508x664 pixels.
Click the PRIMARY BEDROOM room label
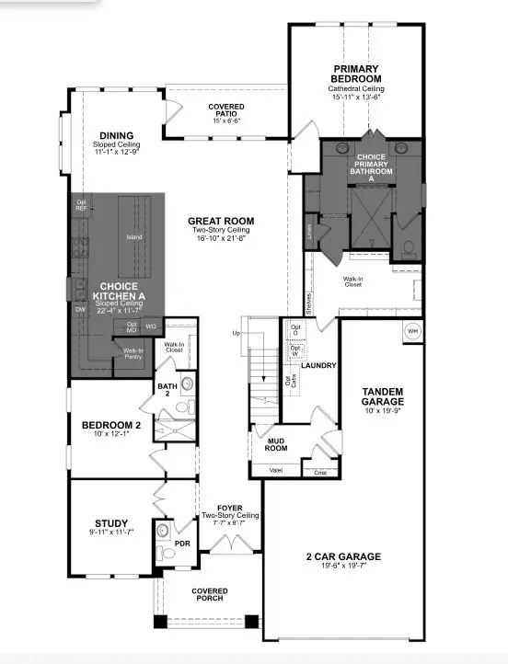356,74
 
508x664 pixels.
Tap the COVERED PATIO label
225,111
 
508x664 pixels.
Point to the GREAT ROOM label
219,221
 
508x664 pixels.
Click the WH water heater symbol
412,331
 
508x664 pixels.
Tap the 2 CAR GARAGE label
343,556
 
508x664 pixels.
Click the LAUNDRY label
317,365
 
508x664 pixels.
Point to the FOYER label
229,508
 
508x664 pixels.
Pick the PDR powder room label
181,543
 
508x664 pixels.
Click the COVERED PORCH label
210,595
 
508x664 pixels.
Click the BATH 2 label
167,390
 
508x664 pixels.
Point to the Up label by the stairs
236,332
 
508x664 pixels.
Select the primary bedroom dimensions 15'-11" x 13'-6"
356,97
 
